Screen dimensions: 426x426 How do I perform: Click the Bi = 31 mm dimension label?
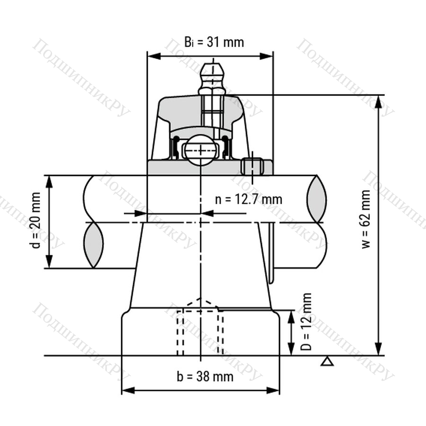tap(214, 43)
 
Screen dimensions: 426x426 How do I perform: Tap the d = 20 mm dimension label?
tap(36, 220)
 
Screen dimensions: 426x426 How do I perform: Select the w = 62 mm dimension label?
tap(366, 219)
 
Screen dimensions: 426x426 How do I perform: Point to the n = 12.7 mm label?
tap(248, 199)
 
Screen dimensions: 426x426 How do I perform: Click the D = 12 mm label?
tap(306, 321)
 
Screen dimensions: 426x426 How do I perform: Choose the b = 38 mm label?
tap(205, 377)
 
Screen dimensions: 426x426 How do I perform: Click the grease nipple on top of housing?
tap(213, 79)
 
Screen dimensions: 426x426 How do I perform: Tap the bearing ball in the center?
tap(201, 150)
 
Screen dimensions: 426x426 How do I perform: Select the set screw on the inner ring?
tap(252, 166)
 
